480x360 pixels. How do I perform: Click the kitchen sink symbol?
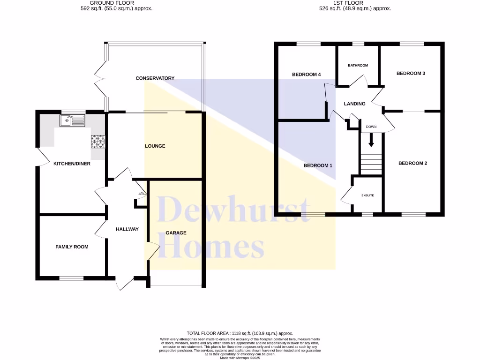(72, 120)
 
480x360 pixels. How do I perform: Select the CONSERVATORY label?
(155, 78)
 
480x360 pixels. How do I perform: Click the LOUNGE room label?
(155, 146)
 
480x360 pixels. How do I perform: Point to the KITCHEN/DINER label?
(72, 164)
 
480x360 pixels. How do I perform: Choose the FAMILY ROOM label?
(72, 247)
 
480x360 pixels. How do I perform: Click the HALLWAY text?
(127, 229)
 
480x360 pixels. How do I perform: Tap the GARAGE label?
(176, 233)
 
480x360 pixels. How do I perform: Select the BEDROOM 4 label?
(306, 75)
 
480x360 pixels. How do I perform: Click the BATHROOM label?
(358, 66)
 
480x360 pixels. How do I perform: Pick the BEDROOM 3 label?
(411, 74)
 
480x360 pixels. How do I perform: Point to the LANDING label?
(354, 104)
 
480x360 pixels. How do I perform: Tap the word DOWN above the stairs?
(371, 127)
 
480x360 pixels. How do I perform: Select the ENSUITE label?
(367, 195)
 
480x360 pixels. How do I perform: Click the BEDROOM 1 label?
(318, 165)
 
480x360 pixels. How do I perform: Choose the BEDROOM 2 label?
(412, 163)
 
